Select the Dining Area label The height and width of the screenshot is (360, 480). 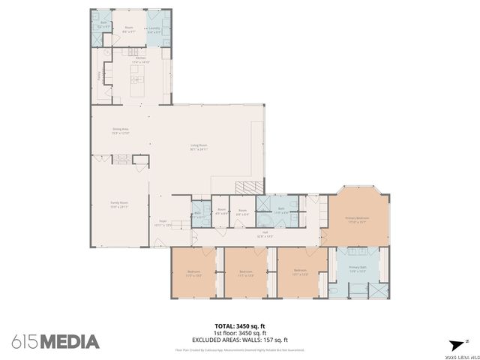click(x=121, y=130)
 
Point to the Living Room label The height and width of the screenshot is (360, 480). click(x=198, y=147)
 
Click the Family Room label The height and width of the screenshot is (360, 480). click(x=119, y=205)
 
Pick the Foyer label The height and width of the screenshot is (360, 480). click(x=163, y=223)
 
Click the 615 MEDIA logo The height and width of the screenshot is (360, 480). click(x=55, y=342)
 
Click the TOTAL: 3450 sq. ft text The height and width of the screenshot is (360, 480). click(x=240, y=325)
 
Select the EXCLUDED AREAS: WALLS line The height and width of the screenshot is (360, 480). click(x=240, y=340)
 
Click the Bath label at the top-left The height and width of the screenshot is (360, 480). click(x=104, y=24)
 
